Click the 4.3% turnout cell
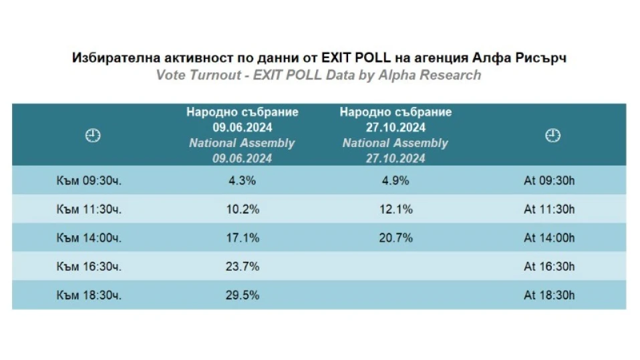[x=241, y=181]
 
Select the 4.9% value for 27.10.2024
[x=395, y=181]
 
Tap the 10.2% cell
[x=241, y=209]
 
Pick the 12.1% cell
[x=395, y=209]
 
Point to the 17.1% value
[x=241, y=238]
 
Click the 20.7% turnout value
[x=395, y=238]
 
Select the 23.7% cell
[x=241, y=266]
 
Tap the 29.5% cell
[x=241, y=295]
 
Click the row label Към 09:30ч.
[x=89, y=181]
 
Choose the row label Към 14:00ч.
[x=89, y=238]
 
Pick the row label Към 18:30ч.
[x=89, y=295]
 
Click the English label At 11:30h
[x=549, y=209]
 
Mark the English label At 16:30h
[x=549, y=266]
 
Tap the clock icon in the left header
[x=92, y=136]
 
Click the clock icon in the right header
[x=552, y=136]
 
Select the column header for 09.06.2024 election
[x=242, y=135]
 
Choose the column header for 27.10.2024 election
[x=395, y=135]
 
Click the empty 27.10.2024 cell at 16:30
[x=395, y=266]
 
